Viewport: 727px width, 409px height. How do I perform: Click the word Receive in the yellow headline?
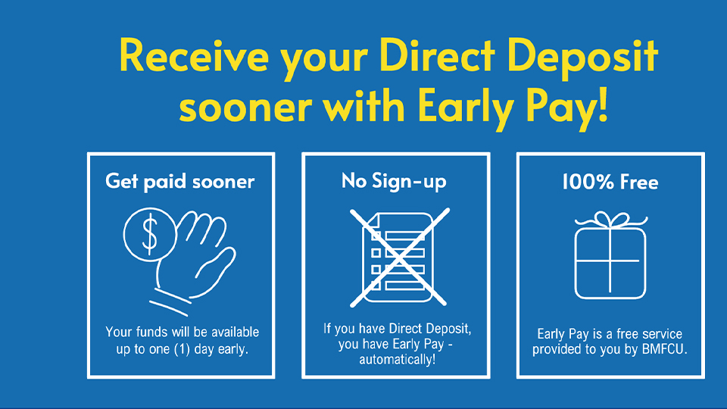(194, 55)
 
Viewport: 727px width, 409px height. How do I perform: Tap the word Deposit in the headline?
(583, 57)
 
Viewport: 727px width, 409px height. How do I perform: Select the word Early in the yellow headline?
(466, 108)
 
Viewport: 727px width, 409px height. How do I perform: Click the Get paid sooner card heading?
(180, 181)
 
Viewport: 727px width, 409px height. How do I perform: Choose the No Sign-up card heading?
(394, 181)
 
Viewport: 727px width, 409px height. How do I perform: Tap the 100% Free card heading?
(610, 182)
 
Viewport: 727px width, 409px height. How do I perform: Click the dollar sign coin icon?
(150, 235)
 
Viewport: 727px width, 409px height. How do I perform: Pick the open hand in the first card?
(195, 260)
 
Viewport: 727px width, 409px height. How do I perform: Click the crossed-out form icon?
(399, 258)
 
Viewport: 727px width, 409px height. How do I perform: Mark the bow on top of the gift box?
(610, 220)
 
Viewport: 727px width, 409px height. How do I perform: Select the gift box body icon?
(610, 263)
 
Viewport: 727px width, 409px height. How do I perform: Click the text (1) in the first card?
(182, 349)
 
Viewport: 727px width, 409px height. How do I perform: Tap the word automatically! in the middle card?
(398, 359)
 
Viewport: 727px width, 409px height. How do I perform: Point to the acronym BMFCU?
(664, 349)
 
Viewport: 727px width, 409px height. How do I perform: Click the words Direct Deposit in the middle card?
(430, 329)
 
